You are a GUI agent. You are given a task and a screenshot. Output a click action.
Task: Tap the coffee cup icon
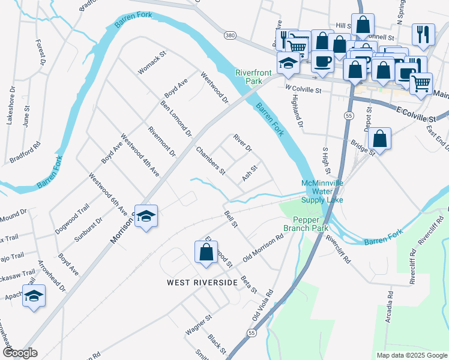[322, 62]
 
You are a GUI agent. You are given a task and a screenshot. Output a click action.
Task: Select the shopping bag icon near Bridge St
[379, 139]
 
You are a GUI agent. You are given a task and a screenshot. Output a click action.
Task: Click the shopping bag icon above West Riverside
[206, 253]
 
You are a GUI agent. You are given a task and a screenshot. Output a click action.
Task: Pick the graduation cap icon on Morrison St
[146, 216]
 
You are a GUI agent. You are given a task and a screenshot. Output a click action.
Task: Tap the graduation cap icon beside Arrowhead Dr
[34, 296]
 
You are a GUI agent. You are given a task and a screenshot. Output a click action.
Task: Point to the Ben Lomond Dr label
[175, 116]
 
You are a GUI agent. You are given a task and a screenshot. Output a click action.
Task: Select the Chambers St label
[210, 160]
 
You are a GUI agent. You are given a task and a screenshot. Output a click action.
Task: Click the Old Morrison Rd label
[264, 247]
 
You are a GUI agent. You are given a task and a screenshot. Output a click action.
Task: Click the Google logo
[20, 352]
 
